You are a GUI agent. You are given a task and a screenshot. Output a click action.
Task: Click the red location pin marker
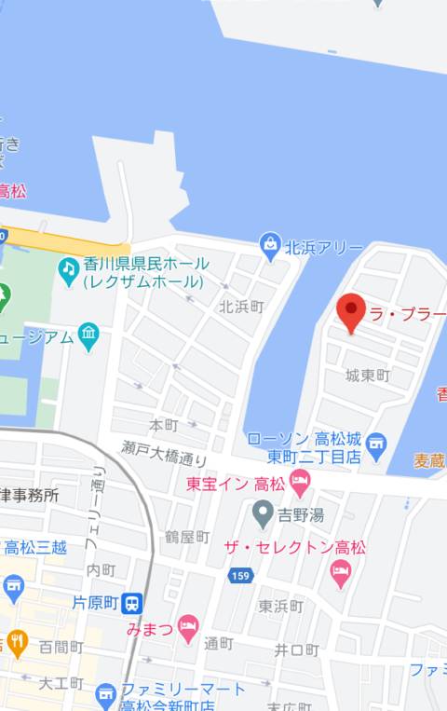pos(351,312)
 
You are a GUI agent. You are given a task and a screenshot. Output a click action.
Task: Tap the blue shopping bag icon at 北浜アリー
pos(270,247)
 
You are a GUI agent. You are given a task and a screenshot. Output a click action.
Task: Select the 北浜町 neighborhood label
pos(241,306)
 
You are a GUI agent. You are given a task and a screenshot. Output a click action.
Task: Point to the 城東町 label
pos(367,376)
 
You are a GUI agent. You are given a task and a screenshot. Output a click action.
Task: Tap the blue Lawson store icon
pos(376,442)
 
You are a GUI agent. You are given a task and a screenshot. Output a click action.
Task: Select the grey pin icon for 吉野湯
pos(264,512)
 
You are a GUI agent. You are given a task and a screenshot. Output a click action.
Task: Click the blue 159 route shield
pos(239,577)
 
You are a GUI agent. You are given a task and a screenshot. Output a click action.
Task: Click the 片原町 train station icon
pos(135,603)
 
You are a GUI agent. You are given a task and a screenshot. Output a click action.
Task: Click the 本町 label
pos(163,425)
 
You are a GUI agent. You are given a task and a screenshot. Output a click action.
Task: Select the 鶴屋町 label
pos(187,537)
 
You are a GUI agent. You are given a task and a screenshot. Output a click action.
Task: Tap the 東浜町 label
pos(280,606)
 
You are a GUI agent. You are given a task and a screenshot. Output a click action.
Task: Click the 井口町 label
pos(296,649)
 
